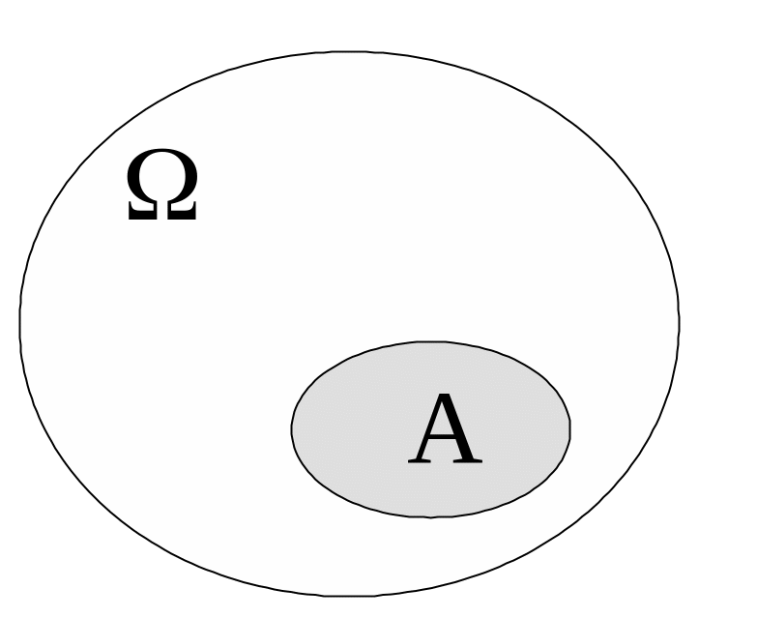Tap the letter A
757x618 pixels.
tap(444, 431)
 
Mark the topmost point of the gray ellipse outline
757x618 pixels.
tap(431, 341)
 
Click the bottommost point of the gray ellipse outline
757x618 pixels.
tap(431, 516)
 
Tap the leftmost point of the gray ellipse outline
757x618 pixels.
tap(292, 428)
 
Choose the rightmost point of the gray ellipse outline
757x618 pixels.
tap(569, 428)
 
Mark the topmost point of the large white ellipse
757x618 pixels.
tap(350, 52)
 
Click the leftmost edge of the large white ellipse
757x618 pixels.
tap(20, 324)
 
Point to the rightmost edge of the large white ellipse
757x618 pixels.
tap(679, 324)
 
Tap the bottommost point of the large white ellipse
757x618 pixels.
tap(350, 596)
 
